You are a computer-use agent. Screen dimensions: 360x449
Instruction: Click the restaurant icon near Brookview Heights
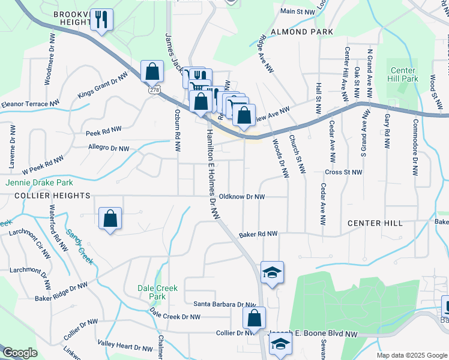pos(101,19)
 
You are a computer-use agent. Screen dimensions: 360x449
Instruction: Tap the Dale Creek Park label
pos(157,292)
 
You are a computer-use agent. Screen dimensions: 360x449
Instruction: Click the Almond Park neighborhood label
pos(294,31)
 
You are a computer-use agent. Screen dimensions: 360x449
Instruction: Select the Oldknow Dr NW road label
pos(242,196)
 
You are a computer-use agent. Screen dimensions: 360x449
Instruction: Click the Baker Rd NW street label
pos(258,234)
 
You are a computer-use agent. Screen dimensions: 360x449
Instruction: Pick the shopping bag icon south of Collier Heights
pos(110,219)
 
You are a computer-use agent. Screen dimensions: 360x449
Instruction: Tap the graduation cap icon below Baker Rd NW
pos(273,273)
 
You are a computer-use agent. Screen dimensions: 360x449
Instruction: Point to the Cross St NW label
pos(343,172)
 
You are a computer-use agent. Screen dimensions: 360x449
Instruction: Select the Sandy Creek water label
pos(79,247)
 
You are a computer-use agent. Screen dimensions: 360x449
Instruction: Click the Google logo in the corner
pos(20,353)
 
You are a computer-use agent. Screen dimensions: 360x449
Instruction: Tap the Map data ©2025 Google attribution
pos(412,355)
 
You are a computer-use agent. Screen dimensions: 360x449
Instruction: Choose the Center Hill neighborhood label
pos(375,223)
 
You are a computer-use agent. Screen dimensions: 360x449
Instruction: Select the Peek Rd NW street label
pos(104,130)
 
